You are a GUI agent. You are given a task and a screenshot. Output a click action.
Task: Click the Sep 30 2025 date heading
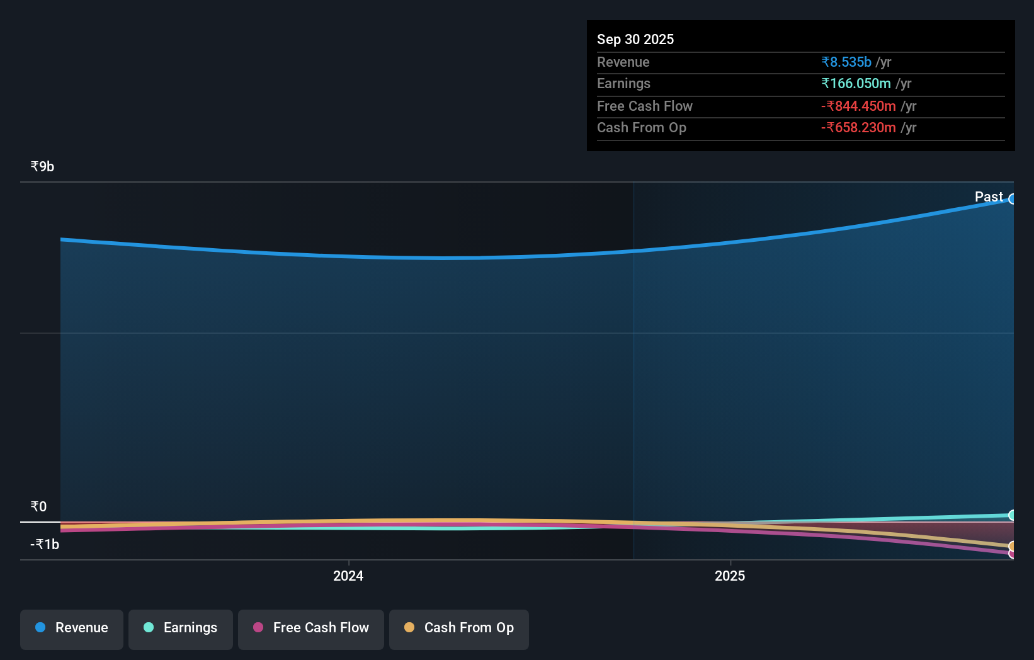(x=635, y=39)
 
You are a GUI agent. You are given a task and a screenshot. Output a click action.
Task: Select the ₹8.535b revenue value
(x=846, y=62)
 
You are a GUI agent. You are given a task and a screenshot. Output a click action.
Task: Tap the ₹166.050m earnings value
(x=855, y=84)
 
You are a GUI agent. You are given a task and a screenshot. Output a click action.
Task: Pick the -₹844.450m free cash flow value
(x=858, y=106)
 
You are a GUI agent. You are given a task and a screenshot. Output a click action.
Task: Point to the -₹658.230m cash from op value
(x=858, y=128)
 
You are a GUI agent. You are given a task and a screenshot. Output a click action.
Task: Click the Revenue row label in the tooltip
(x=623, y=62)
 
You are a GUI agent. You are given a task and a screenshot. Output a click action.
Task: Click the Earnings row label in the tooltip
(x=623, y=84)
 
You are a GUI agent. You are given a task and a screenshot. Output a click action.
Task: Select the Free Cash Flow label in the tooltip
(x=644, y=106)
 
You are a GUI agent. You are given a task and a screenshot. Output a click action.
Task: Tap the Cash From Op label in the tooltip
(x=641, y=128)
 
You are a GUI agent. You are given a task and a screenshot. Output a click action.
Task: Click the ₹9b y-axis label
(x=42, y=166)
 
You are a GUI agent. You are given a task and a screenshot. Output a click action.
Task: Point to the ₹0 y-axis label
(x=38, y=506)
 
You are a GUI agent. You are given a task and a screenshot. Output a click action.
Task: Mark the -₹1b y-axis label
(x=45, y=544)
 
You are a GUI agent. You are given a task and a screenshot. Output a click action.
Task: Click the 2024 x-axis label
(x=348, y=576)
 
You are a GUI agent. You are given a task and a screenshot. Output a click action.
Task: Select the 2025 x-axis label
(x=729, y=576)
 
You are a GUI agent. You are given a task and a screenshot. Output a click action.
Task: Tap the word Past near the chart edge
(x=988, y=196)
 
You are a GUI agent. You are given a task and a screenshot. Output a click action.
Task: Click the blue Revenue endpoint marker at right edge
(x=1012, y=199)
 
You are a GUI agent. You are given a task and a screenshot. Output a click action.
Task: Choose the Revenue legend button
(x=72, y=628)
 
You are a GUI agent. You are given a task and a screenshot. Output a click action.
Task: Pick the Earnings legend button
(x=181, y=628)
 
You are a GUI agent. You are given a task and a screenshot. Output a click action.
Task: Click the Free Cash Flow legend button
(x=311, y=628)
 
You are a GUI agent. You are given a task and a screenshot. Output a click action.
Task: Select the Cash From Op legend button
(x=459, y=628)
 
